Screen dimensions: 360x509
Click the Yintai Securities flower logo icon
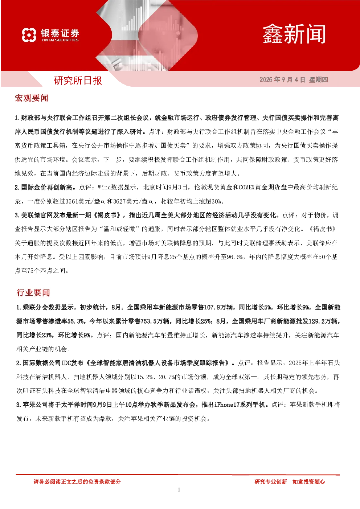tap(29, 35)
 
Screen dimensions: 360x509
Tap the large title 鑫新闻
tap(294, 34)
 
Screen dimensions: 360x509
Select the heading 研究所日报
tap(78, 81)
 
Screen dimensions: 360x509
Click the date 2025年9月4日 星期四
tap(294, 79)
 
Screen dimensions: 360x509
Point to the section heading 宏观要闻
tap(32, 98)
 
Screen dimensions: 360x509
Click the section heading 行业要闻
tap(33, 292)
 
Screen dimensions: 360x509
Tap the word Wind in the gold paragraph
tap(104, 188)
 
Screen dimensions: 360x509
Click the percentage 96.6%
tap(235, 257)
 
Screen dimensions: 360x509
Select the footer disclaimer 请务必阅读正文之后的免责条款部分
tap(77, 482)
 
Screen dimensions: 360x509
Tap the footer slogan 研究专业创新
tap(271, 482)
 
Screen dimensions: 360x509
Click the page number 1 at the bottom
tap(179, 490)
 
